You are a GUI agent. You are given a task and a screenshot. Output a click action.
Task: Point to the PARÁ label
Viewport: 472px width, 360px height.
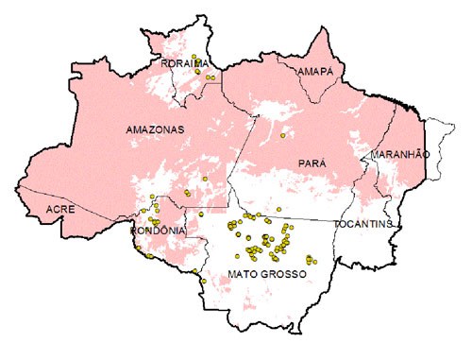click(x=312, y=163)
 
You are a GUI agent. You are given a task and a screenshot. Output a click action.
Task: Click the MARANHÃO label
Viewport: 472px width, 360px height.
click(x=400, y=153)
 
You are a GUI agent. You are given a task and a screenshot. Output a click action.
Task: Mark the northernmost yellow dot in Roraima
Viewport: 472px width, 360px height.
click(x=193, y=57)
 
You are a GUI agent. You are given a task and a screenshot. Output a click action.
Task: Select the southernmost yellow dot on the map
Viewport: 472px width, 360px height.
click(x=203, y=281)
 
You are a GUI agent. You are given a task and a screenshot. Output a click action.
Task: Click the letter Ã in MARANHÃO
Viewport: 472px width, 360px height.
click(x=417, y=153)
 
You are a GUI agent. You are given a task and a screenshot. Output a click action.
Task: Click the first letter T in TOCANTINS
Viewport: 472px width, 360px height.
click(x=337, y=224)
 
